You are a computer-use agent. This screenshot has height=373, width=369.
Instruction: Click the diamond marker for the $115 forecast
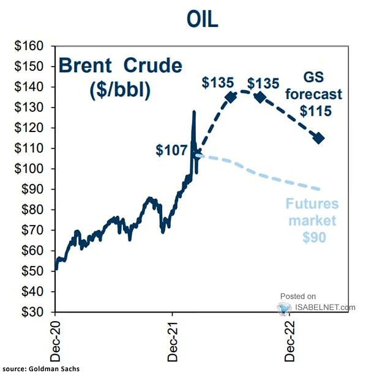point(319,138)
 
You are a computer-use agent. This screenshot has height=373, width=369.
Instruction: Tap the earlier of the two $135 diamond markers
point(231,97)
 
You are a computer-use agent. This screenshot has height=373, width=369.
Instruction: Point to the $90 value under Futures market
point(313,236)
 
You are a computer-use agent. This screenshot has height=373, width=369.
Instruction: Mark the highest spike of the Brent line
point(194,112)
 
